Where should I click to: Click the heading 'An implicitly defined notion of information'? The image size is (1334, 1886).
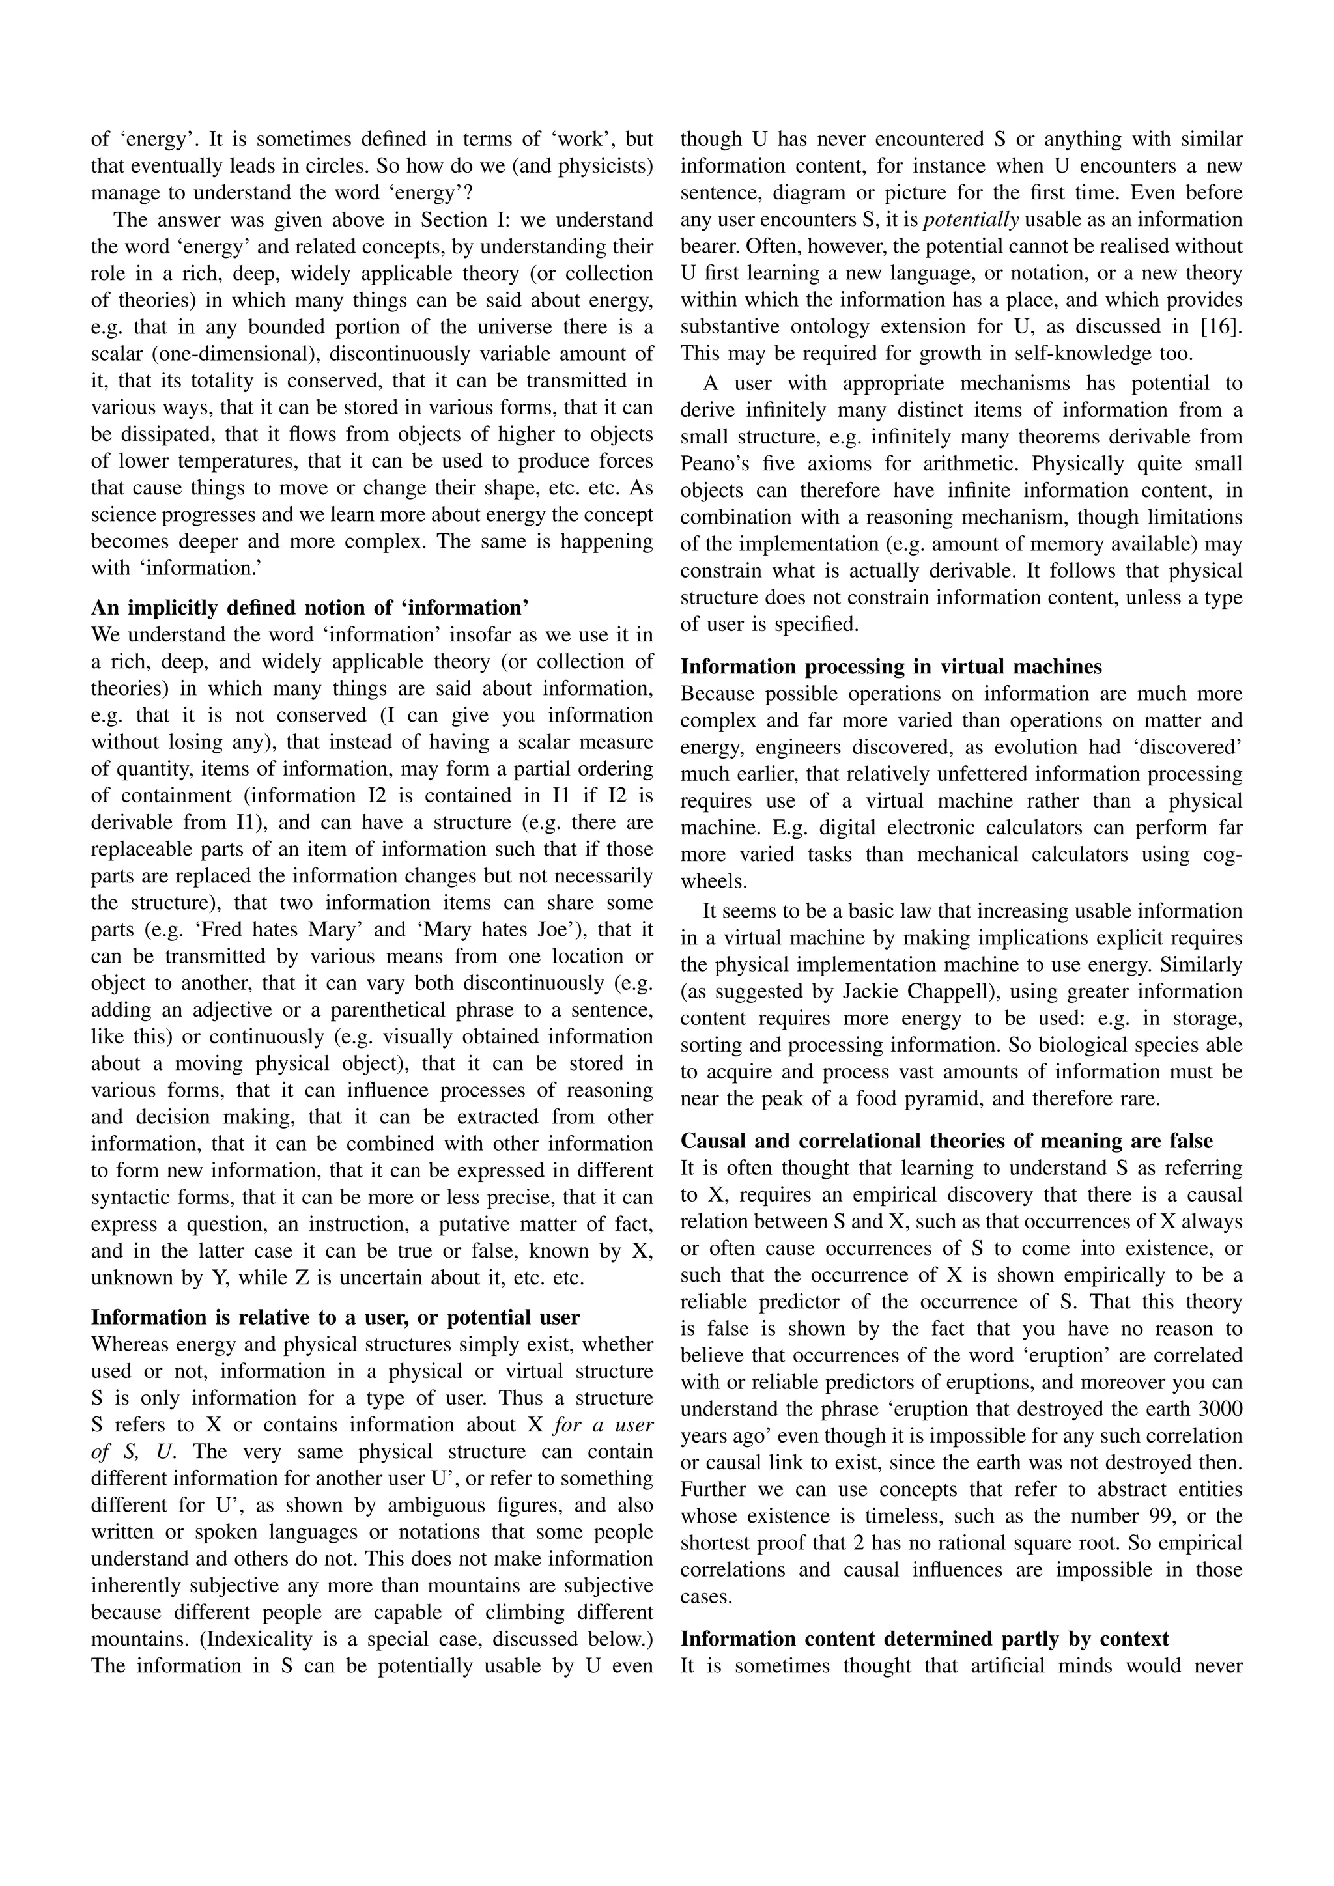[x=309, y=608]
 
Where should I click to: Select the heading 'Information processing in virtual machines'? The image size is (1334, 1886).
[x=890, y=666]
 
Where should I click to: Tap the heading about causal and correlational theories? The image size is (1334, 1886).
[x=946, y=1140]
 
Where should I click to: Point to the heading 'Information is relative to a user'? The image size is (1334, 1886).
[x=335, y=1317]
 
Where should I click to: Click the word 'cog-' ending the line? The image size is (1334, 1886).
[x=1221, y=854]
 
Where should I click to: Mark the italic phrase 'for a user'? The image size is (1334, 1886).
[x=604, y=1424]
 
